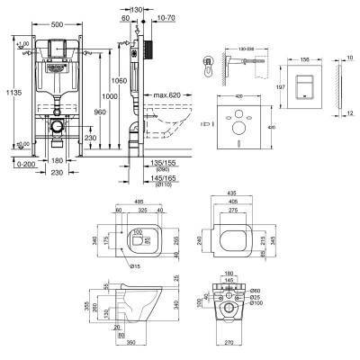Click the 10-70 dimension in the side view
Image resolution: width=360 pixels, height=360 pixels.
click(x=166, y=17)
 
